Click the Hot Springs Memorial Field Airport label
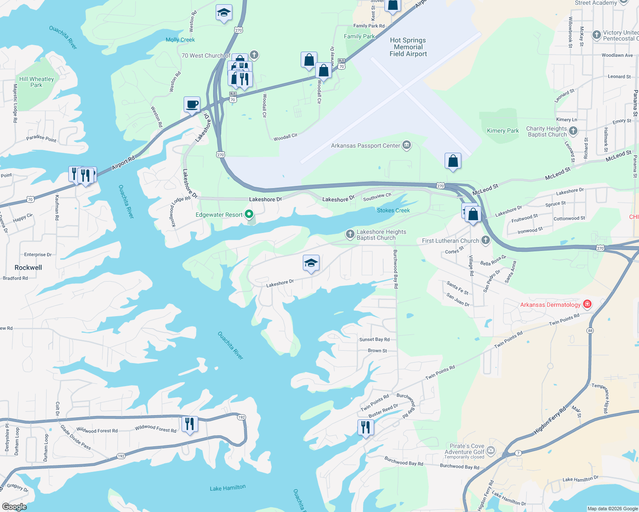(408, 47)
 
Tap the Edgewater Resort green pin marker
(249, 214)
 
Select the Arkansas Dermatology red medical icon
(587, 304)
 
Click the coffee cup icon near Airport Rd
(192, 104)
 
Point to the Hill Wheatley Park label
(36, 82)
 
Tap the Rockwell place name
(28, 268)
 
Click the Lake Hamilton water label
(228, 488)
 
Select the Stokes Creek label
(393, 210)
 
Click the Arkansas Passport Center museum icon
(407, 145)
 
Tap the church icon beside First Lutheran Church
(485, 240)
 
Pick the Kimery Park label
(503, 131)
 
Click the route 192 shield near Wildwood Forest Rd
(241, 417)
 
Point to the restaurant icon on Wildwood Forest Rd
(189, 424)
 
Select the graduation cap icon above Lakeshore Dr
(311, 263)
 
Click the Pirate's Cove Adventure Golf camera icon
(491, 450)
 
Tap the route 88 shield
(590, 330)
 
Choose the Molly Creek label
(180, 40)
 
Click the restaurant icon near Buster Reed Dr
(366, 427)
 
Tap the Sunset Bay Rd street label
(374, 340)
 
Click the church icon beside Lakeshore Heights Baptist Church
(350, 234)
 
